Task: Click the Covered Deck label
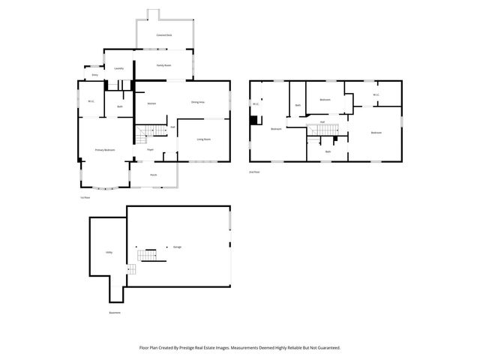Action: [x=164, y=35]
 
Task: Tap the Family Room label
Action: [x=164, y=66]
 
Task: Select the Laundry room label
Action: [x=118, y=69]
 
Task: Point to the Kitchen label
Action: [x=151, y=103]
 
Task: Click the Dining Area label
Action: [x=198, y=102]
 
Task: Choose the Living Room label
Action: [x=203, y=139]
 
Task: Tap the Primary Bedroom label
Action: [x=105, y=150]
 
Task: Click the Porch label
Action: [x=153, y=175]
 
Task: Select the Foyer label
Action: [x=150, y=150]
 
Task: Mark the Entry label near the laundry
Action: [x=94, y=76]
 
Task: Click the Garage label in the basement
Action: [x=178, y=247]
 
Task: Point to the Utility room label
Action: [x=109, y=253]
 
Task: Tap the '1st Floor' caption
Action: [x=85, y=198]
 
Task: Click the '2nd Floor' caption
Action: [x=255, y=172]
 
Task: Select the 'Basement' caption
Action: [x=113, y=313]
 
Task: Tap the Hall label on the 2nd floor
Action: [x=322, y=121]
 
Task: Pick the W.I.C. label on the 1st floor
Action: [x=90, y=101]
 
